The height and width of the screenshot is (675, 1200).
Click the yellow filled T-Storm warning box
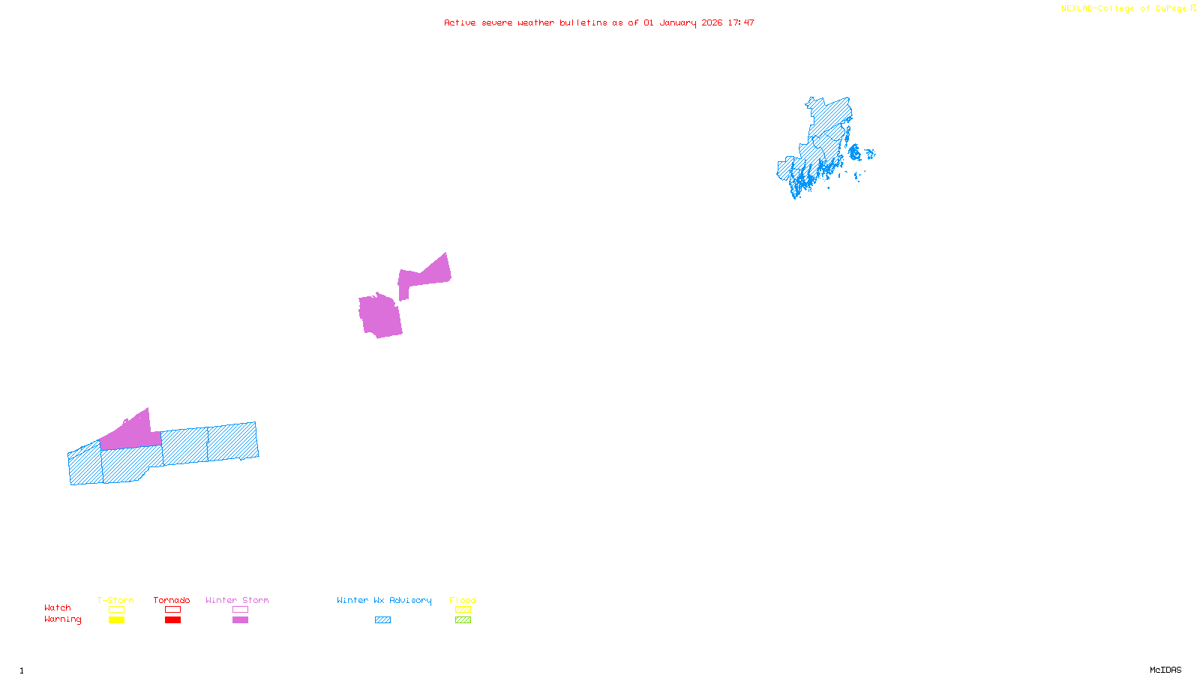tap(116, 620)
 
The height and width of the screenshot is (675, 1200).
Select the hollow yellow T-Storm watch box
tap(116, 610)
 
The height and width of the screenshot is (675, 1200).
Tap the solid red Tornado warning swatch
tap(172, 620)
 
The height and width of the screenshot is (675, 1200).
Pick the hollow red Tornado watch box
tap(172, 610)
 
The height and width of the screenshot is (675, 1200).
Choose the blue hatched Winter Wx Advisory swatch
tap(382, 620)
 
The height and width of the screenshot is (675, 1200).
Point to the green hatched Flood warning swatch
tap(463, 620)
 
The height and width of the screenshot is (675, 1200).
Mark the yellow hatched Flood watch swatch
tap(463, 610)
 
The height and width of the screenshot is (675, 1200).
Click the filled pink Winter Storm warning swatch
tap(240, 620)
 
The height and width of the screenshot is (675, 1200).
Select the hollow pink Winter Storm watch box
tap(240, 610)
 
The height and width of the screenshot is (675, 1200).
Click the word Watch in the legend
tap(58, 607)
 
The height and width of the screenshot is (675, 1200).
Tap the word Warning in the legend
tap(62, 619)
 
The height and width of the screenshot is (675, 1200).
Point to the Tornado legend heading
tap(172, 600)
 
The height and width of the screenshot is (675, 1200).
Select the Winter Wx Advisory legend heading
tap(384, 600)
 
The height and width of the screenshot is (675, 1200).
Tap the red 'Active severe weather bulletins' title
tap(598, 22)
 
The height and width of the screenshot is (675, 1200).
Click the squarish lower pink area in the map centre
tap(380, 316)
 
